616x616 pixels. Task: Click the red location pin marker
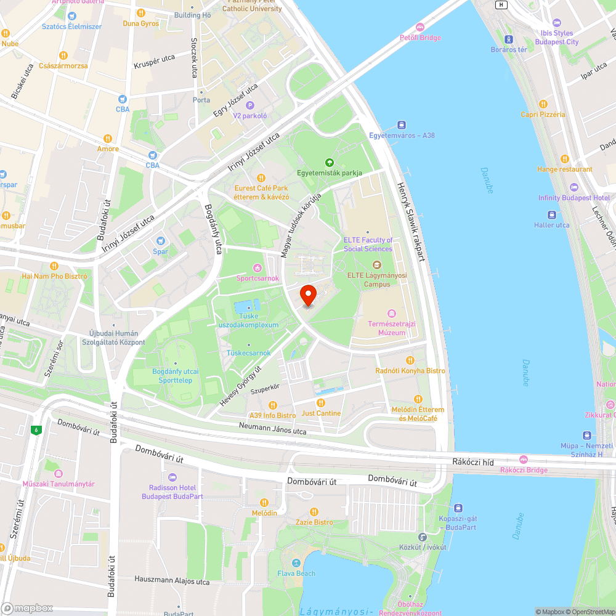coord(308,296)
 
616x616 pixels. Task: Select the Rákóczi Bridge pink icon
coord(524,460)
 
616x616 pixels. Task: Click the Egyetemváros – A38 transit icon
coord(402,124)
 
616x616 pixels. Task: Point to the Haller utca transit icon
coord(553,214)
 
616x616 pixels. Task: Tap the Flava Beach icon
coord(296,563)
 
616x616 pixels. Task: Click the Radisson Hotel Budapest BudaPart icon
coord(172,477)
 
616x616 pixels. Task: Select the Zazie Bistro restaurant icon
coord(314,512)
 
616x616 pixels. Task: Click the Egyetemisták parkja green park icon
coord(330,163)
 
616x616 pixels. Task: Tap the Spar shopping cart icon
coord(161,241)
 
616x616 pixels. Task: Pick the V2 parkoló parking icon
coord(249,105)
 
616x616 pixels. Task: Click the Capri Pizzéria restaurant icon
coord(543,104)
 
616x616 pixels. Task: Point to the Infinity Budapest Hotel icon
coord(574,187)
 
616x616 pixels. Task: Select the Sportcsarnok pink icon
coord(257,267)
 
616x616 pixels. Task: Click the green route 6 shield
coord(37,430)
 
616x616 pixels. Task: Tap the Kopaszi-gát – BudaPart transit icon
coord(458,508)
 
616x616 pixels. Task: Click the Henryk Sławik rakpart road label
coord(411,222)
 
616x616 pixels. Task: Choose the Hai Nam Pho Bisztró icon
coord(54,266)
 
